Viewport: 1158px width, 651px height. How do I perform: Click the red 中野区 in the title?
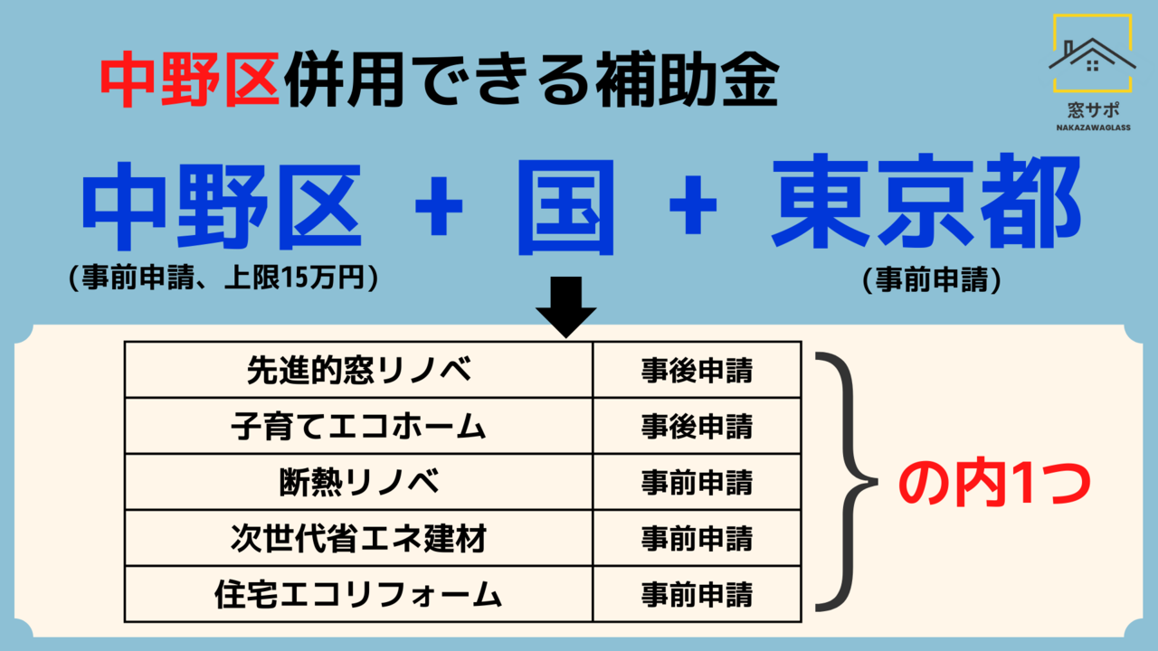190,80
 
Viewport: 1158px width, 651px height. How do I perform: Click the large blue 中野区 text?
222,206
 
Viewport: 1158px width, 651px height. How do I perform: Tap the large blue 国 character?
566,207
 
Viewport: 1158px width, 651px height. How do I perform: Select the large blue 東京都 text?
925,202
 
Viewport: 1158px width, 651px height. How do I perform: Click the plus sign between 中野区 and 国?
439,205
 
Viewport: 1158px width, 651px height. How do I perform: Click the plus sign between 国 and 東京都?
693,204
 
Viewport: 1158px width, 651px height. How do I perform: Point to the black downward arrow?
566,307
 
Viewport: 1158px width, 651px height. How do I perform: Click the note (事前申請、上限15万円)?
223,278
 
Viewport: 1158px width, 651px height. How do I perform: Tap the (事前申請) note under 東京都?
932,280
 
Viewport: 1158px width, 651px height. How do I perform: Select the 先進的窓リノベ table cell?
359,370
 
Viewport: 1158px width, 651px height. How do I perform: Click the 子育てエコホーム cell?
359,426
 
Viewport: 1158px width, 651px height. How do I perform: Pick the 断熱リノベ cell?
359,482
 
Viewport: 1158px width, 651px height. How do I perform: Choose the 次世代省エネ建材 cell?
359,538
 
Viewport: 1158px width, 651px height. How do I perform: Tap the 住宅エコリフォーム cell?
359,594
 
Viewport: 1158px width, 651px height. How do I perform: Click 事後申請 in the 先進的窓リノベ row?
697,371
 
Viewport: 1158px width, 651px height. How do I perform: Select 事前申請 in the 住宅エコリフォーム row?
697,595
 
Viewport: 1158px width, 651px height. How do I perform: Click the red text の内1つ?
994,484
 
